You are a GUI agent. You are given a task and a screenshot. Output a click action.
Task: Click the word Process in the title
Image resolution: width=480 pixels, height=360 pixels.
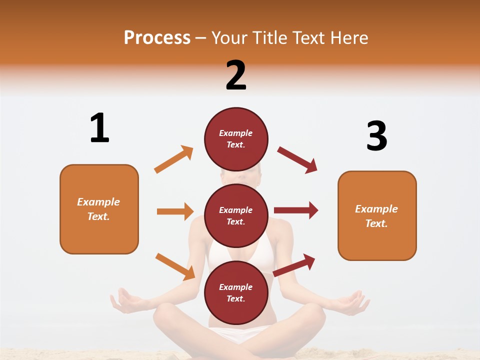(157, 37)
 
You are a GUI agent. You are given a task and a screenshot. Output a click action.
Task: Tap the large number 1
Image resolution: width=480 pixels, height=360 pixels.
(99, 128)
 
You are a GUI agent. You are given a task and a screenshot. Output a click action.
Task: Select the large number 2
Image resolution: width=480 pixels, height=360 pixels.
(236, 75)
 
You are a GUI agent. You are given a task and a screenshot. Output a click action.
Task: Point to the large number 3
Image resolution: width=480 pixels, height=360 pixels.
(376, 136)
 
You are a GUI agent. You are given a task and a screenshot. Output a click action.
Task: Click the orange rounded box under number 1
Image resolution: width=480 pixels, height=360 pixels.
(99, 209)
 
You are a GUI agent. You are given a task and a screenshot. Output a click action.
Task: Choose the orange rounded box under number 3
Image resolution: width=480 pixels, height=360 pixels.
(377, 215)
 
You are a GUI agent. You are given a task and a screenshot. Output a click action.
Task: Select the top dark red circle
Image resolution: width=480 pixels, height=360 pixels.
(236, 139)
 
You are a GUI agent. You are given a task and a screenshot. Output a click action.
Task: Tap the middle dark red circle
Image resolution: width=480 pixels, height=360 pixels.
(236, 215)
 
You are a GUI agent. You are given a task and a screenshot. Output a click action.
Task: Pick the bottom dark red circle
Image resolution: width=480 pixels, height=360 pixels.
(236, 292)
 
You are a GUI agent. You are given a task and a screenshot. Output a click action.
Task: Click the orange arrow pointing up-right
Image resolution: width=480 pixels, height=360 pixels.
(174, 159)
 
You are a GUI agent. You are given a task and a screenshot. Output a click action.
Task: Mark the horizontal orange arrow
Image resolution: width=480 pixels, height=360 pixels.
(175, 211)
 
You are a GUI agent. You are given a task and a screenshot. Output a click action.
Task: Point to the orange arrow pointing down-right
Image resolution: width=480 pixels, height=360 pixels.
(175, 266)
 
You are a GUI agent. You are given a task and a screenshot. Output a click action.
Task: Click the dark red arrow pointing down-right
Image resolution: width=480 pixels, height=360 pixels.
(297, 160)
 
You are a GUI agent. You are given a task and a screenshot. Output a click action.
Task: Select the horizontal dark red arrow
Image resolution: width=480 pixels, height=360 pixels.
(296, 210)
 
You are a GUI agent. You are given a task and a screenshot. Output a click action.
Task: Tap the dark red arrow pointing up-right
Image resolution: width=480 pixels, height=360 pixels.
(294, 265)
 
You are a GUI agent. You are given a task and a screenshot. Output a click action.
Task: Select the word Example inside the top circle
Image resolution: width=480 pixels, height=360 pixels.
(236, 133)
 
